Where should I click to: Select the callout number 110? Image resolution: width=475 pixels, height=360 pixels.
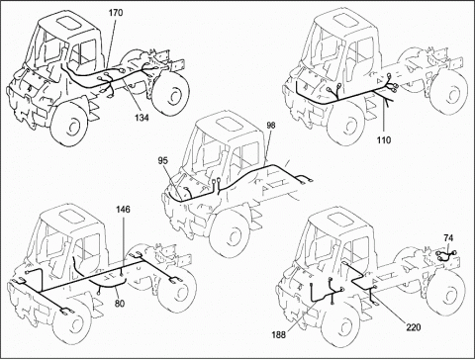point(384,139)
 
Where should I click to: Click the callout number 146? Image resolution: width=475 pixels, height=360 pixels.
point(122,212)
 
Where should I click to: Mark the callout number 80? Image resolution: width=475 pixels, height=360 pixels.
point(119,304)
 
